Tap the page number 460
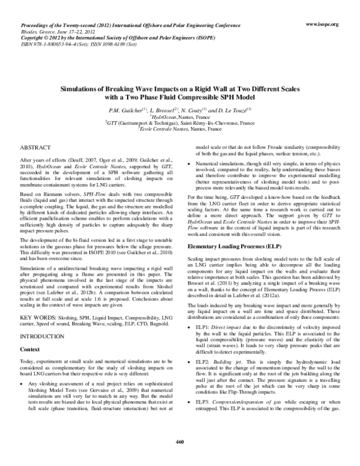(179, 459)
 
